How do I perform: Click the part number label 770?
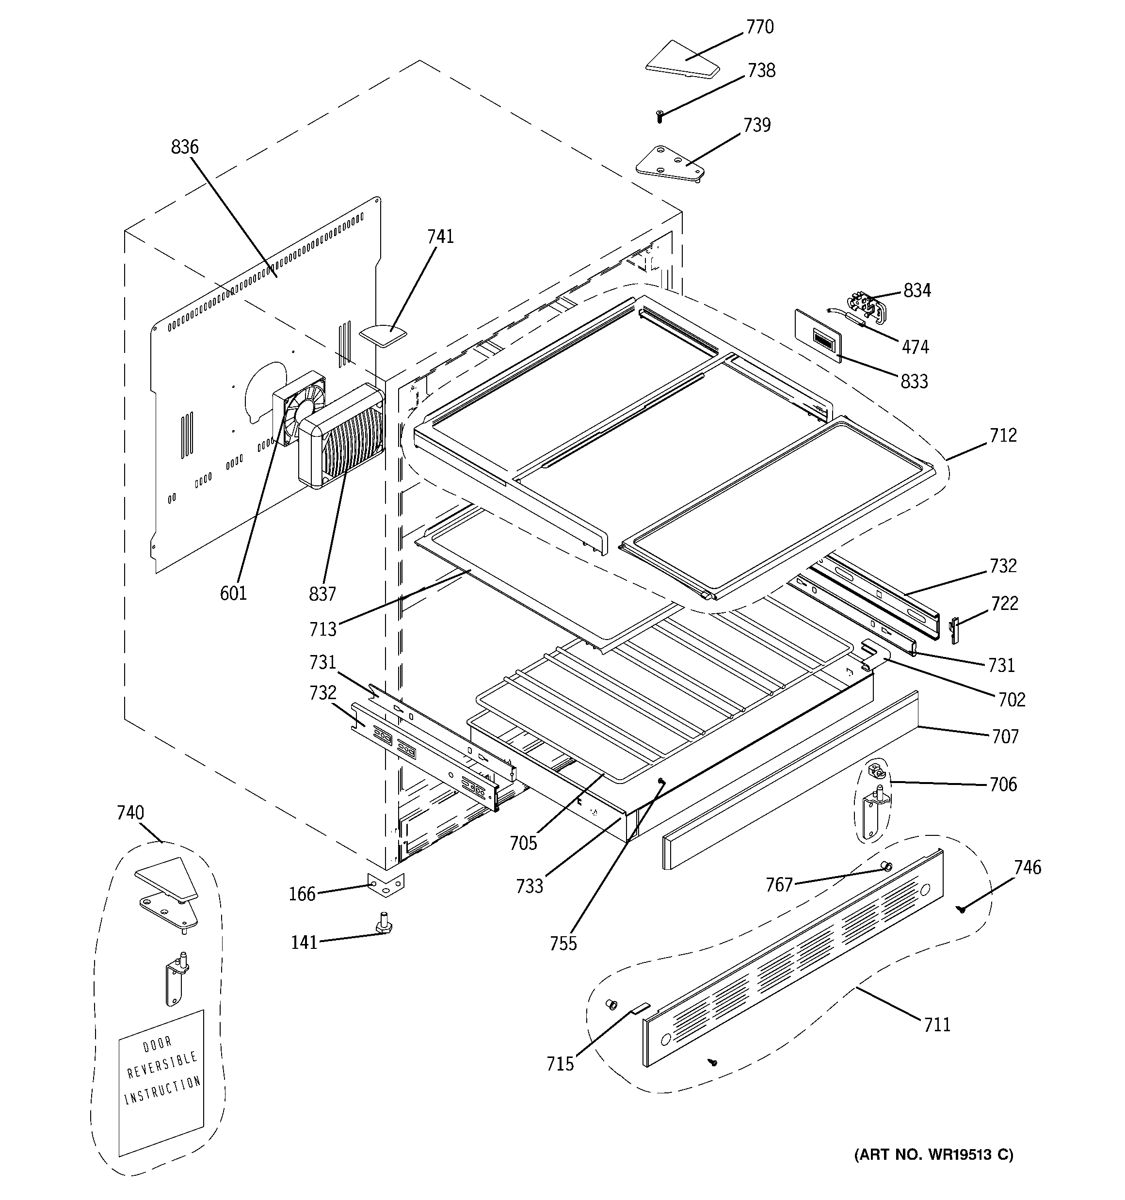click(x=760, y=27)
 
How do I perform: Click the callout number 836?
click(x=185, y=147)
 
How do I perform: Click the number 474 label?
click(x=916, y=347)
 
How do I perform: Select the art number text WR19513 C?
click(x=961, y=1154)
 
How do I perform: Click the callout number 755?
click(x=563, y=944)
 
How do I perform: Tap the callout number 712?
click(x=1003, y=435)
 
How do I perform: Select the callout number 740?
click(x=130, y=813)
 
